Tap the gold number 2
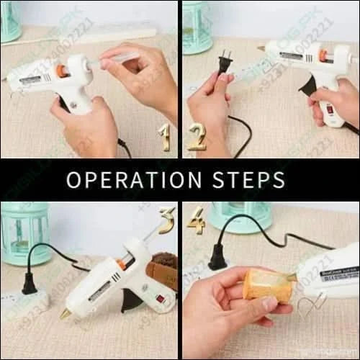197,137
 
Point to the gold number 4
196,221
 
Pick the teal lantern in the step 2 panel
197,27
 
